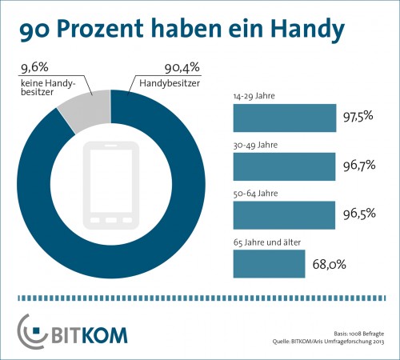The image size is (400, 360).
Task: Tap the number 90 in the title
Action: [34, 30]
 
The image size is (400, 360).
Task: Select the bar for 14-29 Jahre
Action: [284, 119]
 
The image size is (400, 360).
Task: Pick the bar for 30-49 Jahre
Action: [283, 167]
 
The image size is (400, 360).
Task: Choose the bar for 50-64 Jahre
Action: [283, 215]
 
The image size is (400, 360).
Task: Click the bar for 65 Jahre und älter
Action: [268, 263]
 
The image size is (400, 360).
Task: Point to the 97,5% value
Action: [358, 119]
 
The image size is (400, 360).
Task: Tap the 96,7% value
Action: [358, 167]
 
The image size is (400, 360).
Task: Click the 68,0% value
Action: [328, 263]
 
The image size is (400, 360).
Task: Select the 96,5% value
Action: [358, 215]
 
